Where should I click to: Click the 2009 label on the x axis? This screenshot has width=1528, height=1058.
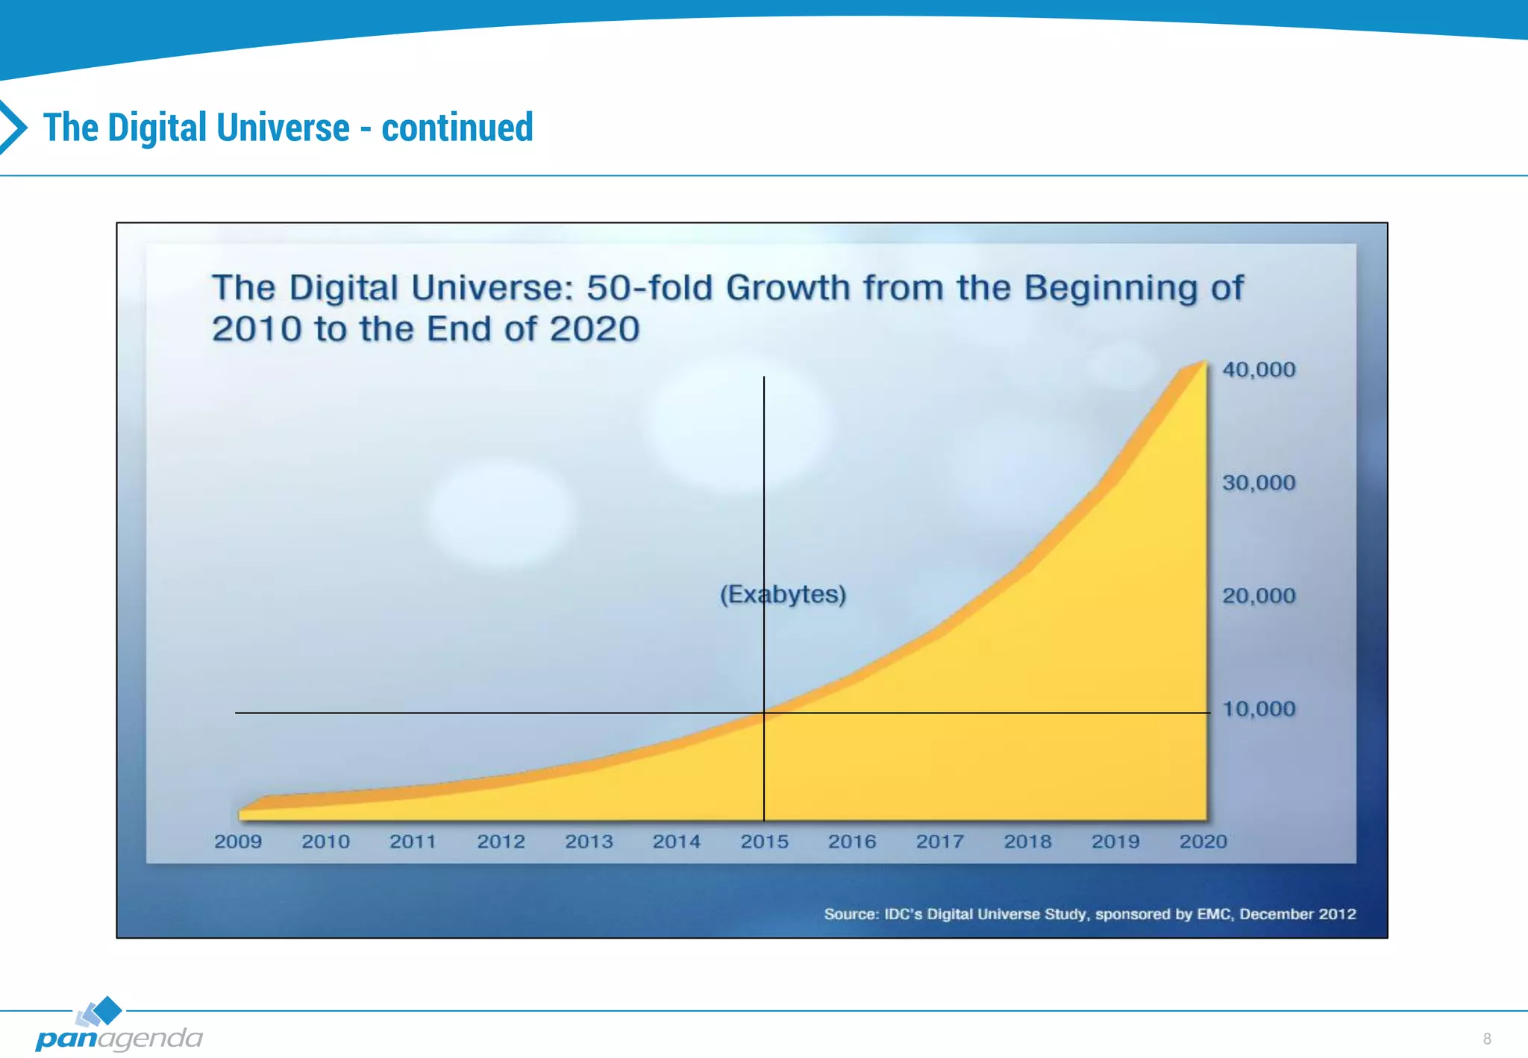point(238,842)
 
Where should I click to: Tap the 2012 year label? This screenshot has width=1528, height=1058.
point(501,842)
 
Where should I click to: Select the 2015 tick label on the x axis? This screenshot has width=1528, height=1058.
point(764,842)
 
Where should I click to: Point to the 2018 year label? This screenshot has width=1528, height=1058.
point(1027,842)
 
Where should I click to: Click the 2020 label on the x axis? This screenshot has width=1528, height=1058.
point(1203,842)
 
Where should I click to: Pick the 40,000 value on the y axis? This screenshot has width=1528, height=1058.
point(1259,369)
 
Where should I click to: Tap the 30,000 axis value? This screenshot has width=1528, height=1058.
point(1259,483)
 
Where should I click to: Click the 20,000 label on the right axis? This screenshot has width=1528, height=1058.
point(1259,595)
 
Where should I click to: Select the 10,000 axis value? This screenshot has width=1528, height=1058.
point(1259,709)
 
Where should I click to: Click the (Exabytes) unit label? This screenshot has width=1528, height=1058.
point(783,595)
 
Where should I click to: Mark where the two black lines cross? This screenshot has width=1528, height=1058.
point(764,713)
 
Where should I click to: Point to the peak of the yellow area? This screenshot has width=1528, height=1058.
point(1204,363)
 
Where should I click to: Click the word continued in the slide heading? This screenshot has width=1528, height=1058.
point(457,128)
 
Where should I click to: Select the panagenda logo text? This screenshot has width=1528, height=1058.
point(119,1039)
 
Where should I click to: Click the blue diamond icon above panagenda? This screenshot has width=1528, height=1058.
point(108,1010)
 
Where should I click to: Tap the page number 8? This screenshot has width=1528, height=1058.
point(1487,1039)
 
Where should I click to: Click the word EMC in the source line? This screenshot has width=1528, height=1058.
point(1214,914)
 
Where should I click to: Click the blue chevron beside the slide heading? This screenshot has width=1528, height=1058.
point(13,127)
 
